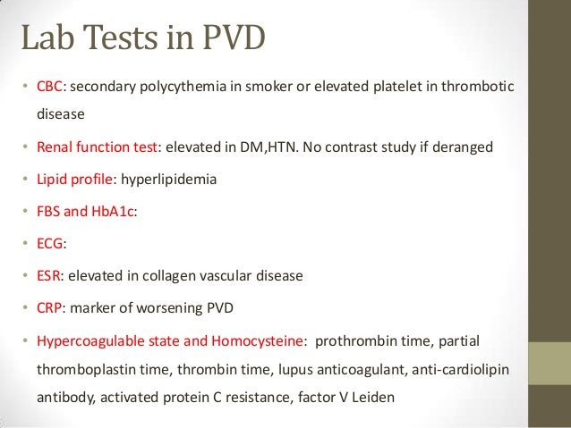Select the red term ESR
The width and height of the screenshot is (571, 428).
tap(47, 277)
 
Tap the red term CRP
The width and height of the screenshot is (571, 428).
tap(47, 309)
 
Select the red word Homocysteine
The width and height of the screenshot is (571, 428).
tap(259, 341)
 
